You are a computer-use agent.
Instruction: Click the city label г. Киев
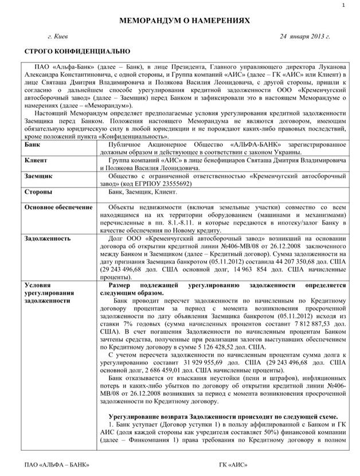coord(58,37)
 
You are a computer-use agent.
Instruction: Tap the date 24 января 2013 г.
coord(305,37)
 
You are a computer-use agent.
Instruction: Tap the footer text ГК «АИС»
coord(233,463)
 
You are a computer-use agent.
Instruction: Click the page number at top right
coord(342,5)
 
